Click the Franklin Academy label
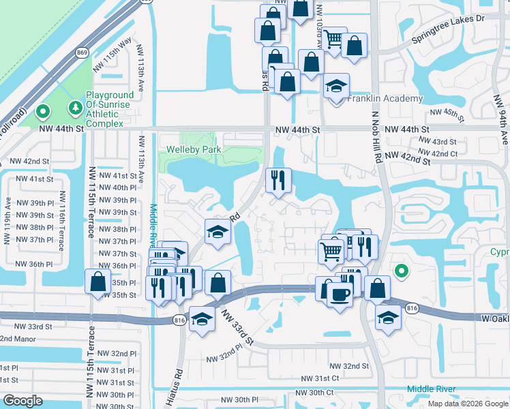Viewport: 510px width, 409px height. [385, 99]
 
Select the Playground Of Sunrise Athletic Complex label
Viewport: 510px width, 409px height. [104, 110]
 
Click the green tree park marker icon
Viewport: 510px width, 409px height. [74, 108]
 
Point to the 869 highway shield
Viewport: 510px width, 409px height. [82, 52]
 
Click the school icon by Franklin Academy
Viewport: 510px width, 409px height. [336, 87]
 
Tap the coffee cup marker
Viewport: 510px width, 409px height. [340, 294]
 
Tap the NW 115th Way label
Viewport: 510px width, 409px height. [115, 52]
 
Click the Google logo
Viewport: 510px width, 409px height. [23, 401]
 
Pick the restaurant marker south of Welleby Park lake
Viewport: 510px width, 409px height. [277, 181]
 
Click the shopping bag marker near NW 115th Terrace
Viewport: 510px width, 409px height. [97, 282]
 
